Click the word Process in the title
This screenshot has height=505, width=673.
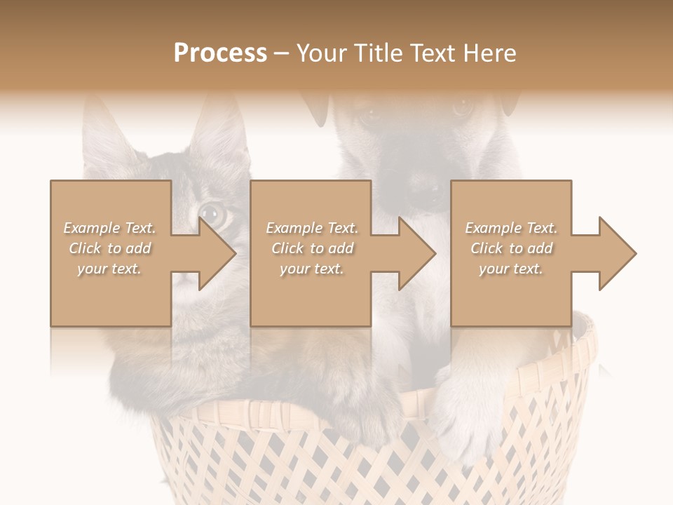click(220, 53)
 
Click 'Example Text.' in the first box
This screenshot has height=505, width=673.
click(109, 228)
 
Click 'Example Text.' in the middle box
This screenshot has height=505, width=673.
click(311, 228)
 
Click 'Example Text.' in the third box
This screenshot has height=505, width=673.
click(510, 228)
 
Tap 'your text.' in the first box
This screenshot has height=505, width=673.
click(109, 269)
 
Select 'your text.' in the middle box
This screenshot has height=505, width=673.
click(311, 269)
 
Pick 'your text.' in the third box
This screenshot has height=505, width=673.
click(510, 269)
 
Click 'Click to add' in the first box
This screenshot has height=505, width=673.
click(109, 248)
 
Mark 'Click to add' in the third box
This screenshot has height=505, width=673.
click(510, 248)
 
